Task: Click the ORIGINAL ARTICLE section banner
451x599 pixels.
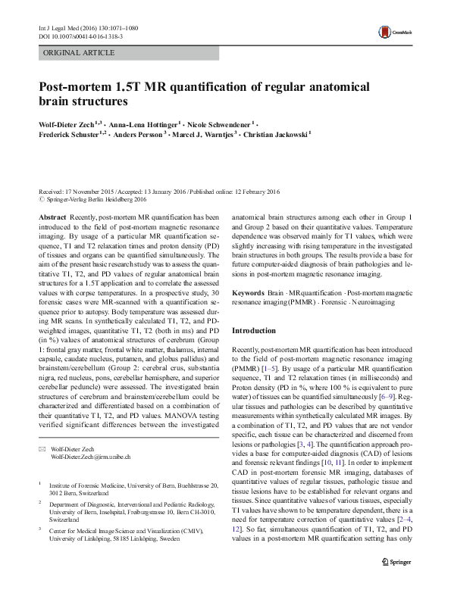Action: [80, 53]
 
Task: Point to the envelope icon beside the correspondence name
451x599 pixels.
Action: [42, 429]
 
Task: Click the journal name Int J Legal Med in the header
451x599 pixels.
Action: [58, 27]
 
